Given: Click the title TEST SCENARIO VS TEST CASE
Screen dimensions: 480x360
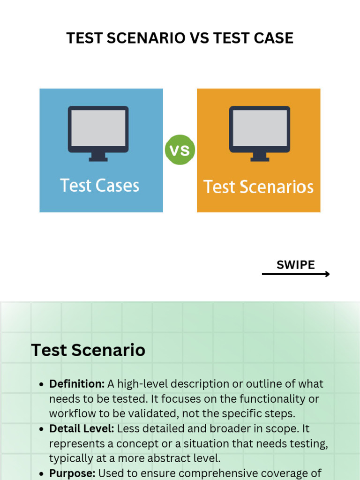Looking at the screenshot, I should (x=180, y=38).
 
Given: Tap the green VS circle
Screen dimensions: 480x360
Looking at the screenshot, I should (x=180, y=150).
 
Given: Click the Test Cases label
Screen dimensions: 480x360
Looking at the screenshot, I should (x=100, y=186).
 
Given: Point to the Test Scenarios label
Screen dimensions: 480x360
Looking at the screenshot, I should (x=258, y=187).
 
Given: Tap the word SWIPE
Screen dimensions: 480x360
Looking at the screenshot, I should (x=295, y=265).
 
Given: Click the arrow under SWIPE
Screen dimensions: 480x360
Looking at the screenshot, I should (x=296, y=274).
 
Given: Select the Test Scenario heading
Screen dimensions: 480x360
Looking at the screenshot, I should (x=88, y=350).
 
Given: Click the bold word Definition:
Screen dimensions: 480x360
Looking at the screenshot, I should (x=77, y=384).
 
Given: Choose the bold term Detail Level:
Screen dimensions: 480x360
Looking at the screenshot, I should (x=82, y=429).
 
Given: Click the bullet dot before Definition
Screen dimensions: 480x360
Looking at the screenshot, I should (x=41, y=384).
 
